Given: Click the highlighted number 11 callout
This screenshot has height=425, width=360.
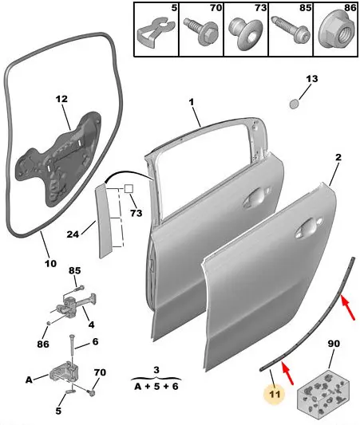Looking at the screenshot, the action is pos(275,394).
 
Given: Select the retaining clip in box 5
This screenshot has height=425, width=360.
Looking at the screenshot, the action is pos(156,33).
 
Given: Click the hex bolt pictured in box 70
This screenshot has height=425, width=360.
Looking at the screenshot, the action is pos(201,32).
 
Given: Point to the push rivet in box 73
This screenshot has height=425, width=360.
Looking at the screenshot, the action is pos(246,33).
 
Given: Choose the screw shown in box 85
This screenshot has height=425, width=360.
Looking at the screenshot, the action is pos(291,30).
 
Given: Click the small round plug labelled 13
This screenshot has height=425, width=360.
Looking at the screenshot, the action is pos(295,104).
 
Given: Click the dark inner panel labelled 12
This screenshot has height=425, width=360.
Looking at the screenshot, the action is pos(59,159).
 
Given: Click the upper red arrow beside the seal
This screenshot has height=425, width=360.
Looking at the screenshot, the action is pos(348,308).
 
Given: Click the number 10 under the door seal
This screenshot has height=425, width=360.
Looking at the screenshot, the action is pos(50,263).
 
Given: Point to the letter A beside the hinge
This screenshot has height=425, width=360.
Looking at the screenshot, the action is pos(29,380).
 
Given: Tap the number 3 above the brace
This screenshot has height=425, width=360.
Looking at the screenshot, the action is pos(156,370).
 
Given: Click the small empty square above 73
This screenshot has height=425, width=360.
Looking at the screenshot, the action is pos(129,189).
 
